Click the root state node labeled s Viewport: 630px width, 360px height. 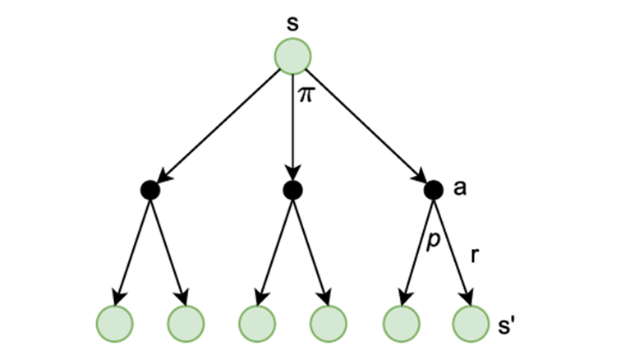(x=292, y=57)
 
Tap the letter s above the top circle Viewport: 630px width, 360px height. (x=292, y=22)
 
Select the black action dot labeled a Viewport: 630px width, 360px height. (x=433, y=190)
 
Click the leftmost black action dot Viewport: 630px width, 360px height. (x=149, y=190)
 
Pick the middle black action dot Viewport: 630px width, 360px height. (x=292, y=190)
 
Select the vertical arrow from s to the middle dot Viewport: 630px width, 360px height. (x=292, y=132)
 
